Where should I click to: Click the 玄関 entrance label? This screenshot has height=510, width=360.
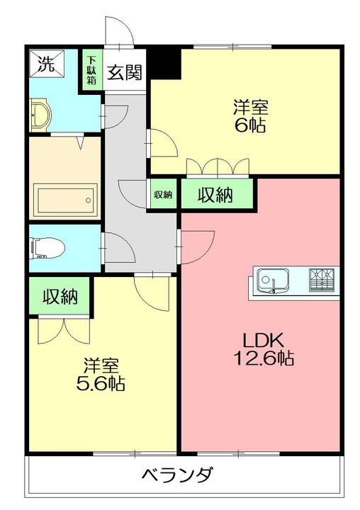coord(125,72)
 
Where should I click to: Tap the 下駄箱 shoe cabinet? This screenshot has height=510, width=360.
coord(92,71)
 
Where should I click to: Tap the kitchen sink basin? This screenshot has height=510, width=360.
coord(272,280)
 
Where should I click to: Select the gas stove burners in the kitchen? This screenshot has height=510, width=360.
coord(322,279)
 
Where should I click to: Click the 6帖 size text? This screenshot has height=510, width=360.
coord(250,125)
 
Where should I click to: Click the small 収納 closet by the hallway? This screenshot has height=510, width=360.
coord(163,195)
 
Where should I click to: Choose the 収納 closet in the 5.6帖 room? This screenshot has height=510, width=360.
coord(60,296)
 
